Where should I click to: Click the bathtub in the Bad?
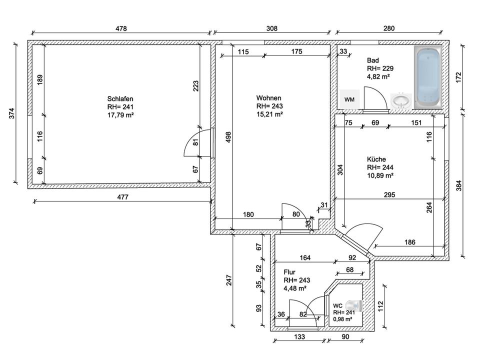(428, 77)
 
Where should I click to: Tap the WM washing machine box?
(349, 99)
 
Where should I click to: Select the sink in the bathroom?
(401, 101)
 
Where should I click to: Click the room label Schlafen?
(120, 99)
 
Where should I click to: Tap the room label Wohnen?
(269, 98)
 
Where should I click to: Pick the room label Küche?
(376, 159)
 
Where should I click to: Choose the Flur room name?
(289, 272)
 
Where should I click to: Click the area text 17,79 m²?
(120, 115)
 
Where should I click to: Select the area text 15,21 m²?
(269, 114)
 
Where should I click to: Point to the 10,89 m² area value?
(380, 175)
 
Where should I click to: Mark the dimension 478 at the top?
(121, 28)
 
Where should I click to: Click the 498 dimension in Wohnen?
(228, 137)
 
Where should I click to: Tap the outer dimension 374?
(11, 113)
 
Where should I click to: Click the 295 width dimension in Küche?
(389, 194)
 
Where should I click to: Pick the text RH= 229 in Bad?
(380, 68)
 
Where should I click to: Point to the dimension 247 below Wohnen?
(229, 280)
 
